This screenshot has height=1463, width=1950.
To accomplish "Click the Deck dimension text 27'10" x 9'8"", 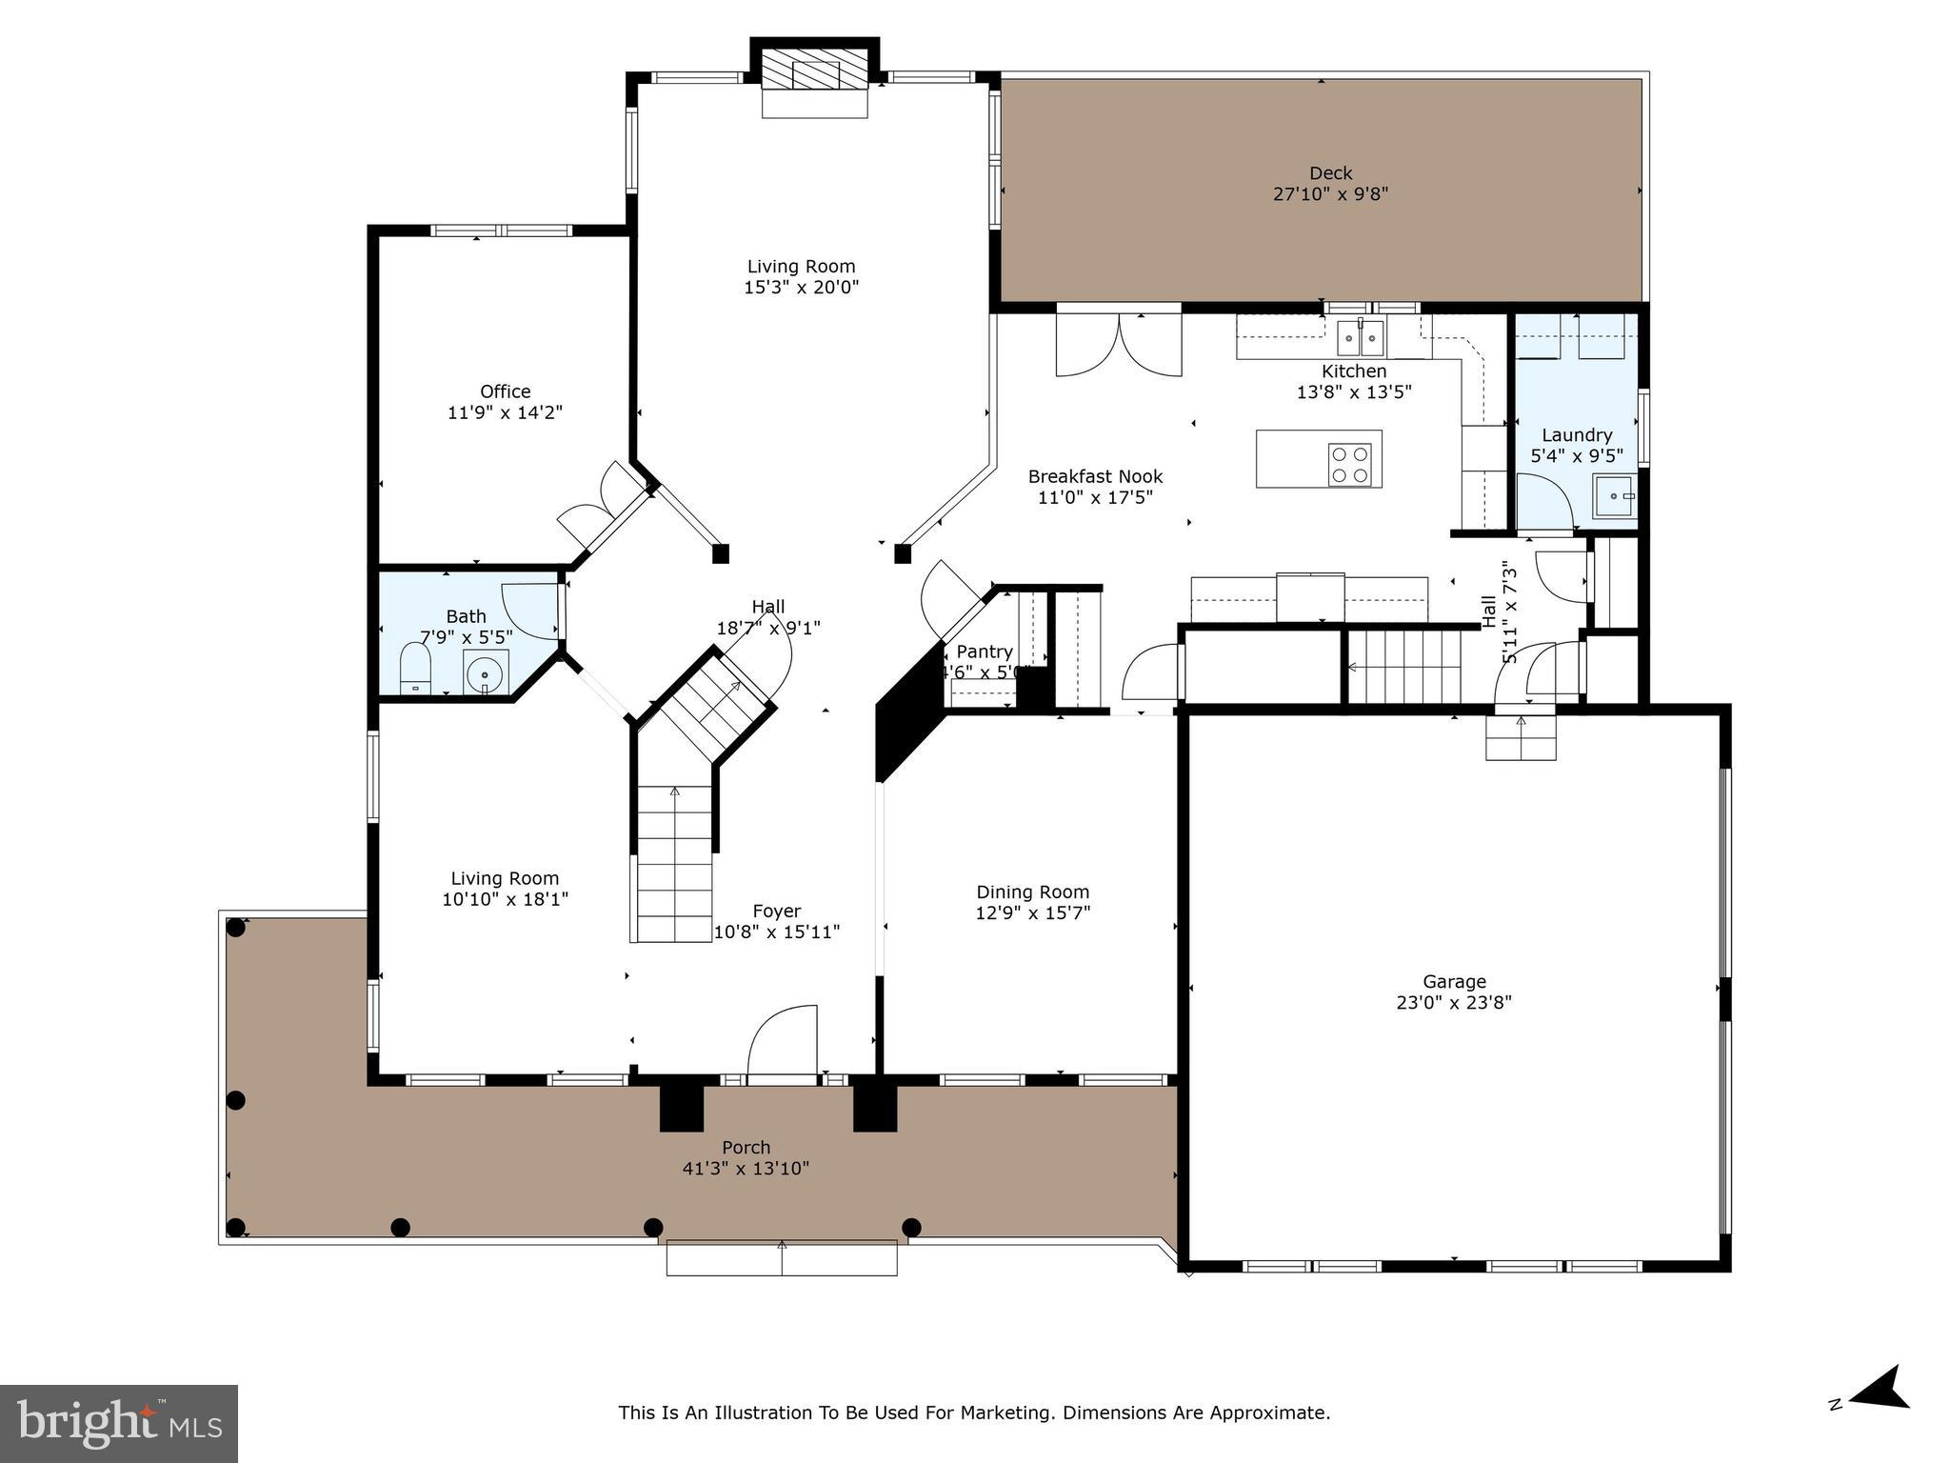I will [x=1330, y=194].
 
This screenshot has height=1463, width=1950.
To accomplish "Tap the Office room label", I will [x=505, y=391].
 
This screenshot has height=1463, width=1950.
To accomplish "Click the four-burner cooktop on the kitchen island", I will [x=1350, y=466].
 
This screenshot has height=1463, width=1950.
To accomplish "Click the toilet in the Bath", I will [x=415, y=669].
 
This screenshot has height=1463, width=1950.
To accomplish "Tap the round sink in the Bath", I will [x=486, y=674].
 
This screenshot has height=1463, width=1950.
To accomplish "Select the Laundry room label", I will [x=1577, y=435].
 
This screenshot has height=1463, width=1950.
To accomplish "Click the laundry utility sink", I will [x=1615, y=496].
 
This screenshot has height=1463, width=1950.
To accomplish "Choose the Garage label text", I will [x=1454, y=981].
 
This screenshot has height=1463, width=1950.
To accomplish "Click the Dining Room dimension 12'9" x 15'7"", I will [x=1032, y=912].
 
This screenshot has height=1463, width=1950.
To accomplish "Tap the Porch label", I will [x=746, y=1148].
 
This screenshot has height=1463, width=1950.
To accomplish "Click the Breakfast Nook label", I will [x=1095, y=476].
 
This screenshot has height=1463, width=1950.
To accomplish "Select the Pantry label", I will [x=985, y=651].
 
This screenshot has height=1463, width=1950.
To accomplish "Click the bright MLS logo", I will [x=119, y=1423].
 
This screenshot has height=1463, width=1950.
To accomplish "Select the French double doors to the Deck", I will [x=1119, y=346].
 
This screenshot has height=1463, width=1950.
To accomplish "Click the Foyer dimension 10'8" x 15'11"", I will [x=777, y=932].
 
